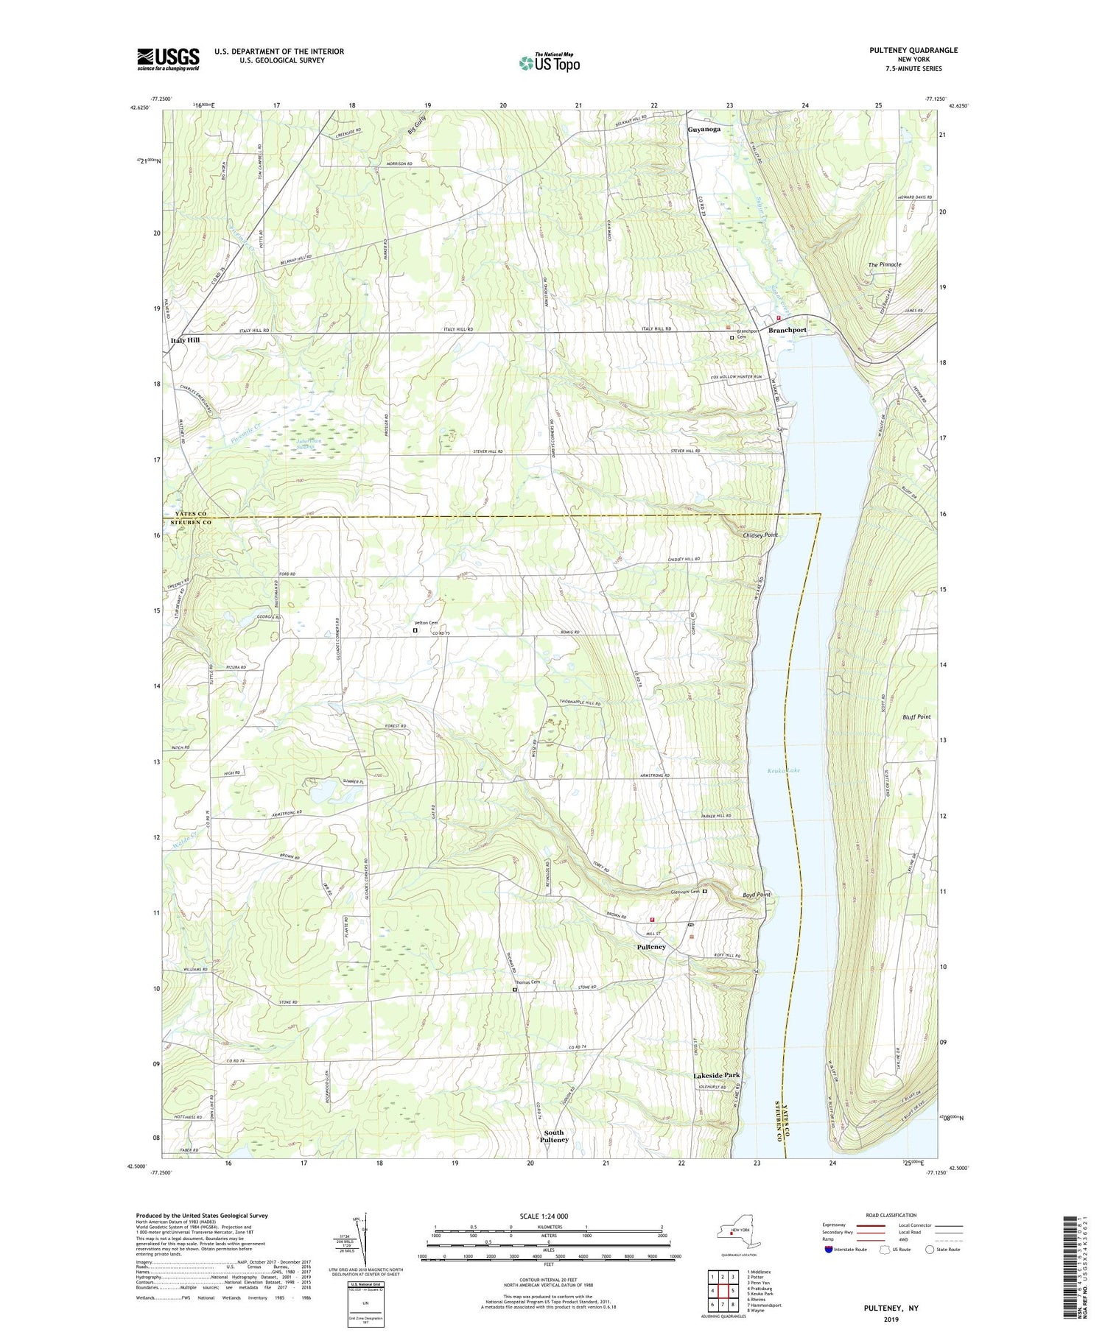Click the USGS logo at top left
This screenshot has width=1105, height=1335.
pos(168,59)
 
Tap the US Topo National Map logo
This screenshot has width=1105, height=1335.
pos(549,63)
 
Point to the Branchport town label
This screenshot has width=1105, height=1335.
pos(787,330)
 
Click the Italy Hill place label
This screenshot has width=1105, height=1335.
pos(184,340)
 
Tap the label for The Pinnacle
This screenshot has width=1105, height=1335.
pos(885,264)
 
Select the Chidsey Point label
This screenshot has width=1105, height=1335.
pos(761,535)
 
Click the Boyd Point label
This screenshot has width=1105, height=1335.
pos(755,895)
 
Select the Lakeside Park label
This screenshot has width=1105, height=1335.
pos(716,1076)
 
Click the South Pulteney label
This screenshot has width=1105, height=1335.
pos(554,1135)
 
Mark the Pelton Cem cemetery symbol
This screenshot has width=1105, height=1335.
pos(415,630)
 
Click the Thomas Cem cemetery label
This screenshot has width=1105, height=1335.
pos(527,982)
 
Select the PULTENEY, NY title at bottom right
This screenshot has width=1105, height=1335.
pos(892,1308)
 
